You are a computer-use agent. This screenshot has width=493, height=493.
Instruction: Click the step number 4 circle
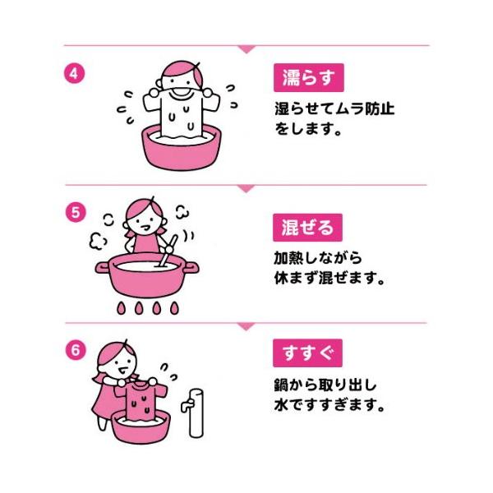pyautogui.click(x=74, y=71)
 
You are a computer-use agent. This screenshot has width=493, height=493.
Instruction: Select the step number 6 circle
pyautogui.click(x=74, y=348)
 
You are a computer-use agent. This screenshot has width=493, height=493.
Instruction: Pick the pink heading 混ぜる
pyautogui.click(x=307, y=225)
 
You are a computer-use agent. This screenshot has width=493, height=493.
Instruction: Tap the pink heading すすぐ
pyautogui.click(x=307, y=354)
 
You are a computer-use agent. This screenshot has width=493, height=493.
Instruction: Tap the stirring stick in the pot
pyautogui.click(x=169, y=250)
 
